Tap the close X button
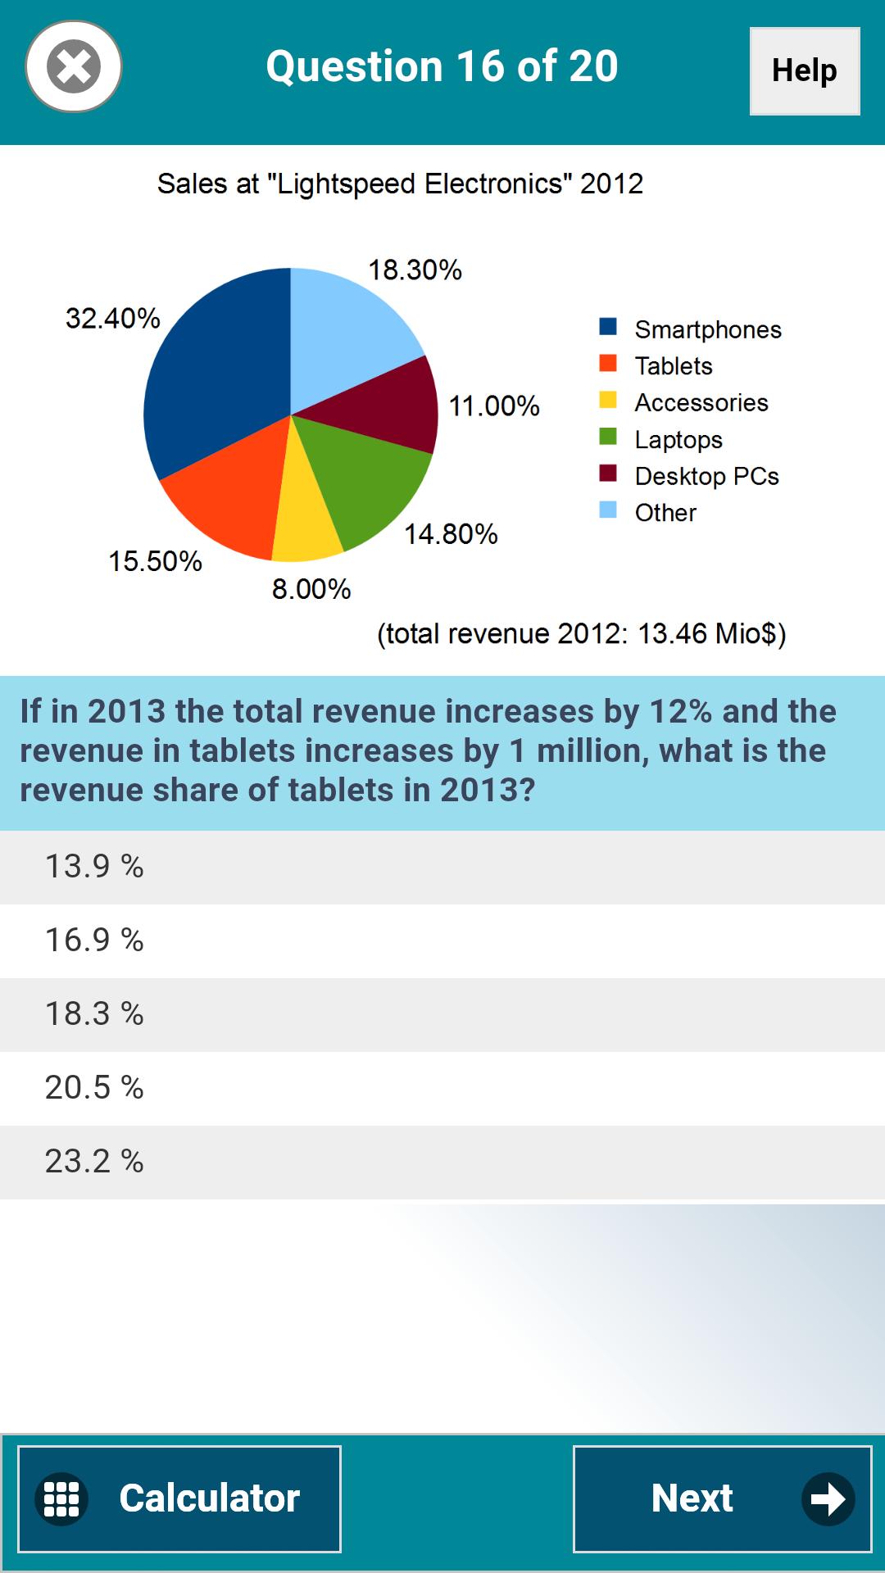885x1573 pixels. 74,66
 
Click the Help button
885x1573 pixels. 804,71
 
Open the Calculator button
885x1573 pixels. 179,1498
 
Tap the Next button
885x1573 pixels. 721,1498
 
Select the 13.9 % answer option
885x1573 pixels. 442,867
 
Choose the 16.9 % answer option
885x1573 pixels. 442,941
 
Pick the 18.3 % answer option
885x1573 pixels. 442,1014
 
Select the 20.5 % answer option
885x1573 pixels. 442,1088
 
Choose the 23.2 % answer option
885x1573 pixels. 442,1162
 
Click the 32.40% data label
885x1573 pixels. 113,319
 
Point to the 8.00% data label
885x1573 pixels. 311,589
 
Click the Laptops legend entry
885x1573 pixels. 678,440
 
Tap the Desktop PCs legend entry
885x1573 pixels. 706,476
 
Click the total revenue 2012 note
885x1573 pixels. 581,634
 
